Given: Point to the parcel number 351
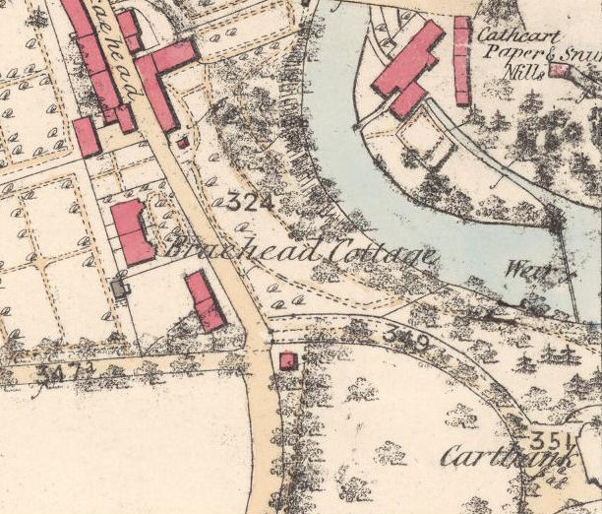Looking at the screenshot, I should [x=549, y=438].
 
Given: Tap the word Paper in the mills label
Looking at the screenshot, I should [x=499, y=55].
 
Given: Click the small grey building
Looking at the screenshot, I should [x=121, y=289].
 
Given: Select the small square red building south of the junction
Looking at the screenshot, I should [x=287, y=360].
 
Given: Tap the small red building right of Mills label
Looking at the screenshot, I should [x=560, y=71].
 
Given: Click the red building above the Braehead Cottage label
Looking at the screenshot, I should [x=131, y=231].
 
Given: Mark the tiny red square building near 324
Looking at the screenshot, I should [x=182, y=143].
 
